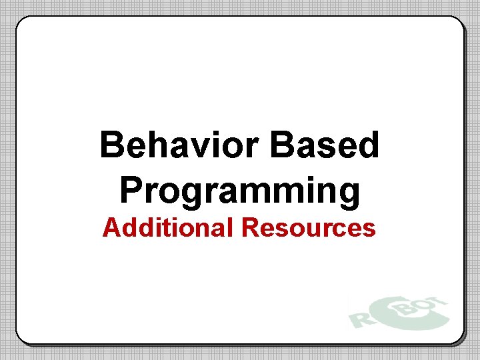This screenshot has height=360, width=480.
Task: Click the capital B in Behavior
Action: [x=112, y=145]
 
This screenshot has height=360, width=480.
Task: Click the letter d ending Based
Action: [x=368, y=145]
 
